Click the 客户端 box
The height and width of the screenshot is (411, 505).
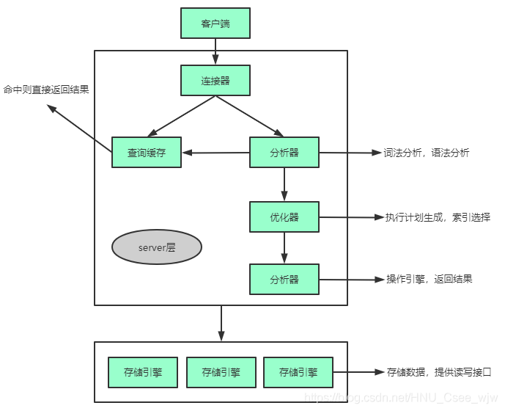(215, 23)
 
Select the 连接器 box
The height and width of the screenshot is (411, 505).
(215, 80)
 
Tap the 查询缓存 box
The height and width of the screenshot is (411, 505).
(147, 153)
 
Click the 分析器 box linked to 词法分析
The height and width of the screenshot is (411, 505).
(284, 153)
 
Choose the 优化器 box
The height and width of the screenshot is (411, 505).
(284, 217)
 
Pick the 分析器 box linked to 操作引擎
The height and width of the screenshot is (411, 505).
(284, 280)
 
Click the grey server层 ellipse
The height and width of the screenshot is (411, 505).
(156, 248)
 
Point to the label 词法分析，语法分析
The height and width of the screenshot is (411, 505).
(426, 153)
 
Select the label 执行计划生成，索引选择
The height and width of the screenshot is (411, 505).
(438, 217)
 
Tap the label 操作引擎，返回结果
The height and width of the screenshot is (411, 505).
(430, 280)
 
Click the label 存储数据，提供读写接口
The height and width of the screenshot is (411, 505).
(438, 372)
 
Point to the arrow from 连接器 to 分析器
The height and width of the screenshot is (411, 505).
(249, 116)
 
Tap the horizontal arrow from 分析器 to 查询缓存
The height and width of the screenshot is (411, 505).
(215, 153)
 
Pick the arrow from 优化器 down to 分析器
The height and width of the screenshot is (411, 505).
(284, 248)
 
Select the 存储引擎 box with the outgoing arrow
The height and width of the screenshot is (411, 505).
(298, 372)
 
